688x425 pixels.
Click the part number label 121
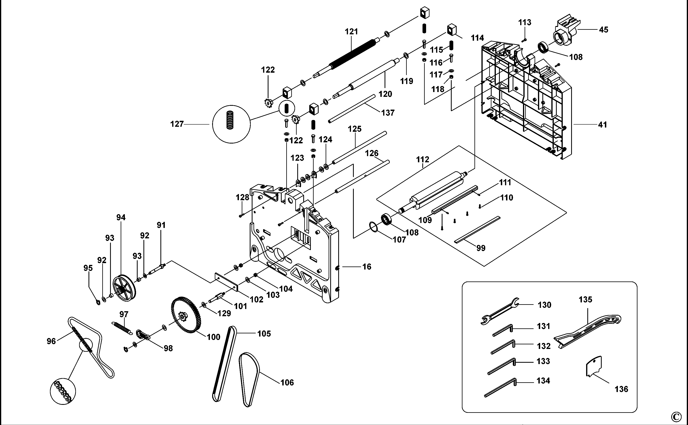click(351, 32)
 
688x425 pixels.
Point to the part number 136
click(621, 389)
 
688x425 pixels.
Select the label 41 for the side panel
click(602, 125)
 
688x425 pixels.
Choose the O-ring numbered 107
click(373, 227)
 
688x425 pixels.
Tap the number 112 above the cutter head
click(423, 159)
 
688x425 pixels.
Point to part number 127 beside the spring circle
click(177, 124)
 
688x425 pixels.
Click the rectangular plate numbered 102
click(226, 282)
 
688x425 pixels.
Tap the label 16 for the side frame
click(367, 266)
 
